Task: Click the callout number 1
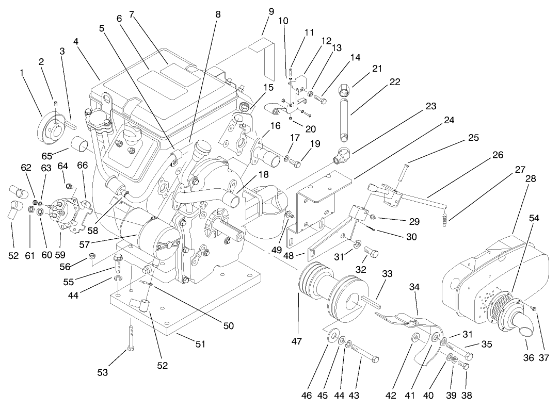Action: click(x=22, y=73)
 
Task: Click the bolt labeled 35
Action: click(x=459, y=352)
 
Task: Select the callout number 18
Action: click(x=264, y=175)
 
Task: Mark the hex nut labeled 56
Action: click(x=93, y=255)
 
